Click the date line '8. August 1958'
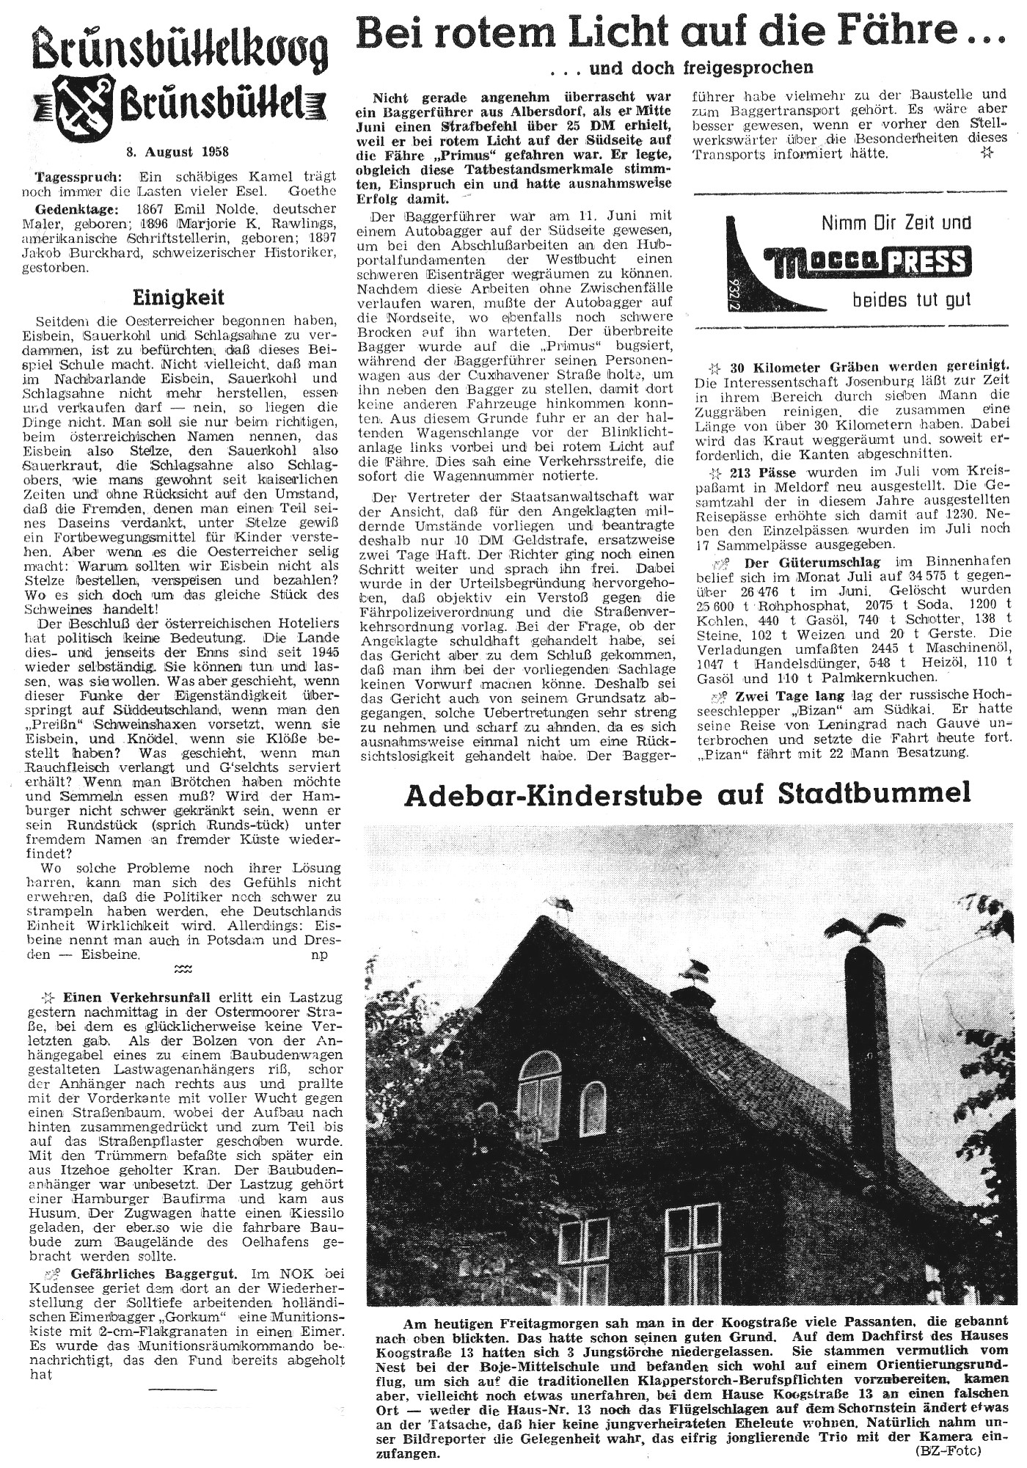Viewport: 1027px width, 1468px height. click(176, 152)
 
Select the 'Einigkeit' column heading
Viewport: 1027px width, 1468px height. click(178, 298)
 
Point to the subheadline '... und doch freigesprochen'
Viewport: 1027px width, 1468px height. click(685, 68)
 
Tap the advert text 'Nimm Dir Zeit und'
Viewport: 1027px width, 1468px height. click(896, 222)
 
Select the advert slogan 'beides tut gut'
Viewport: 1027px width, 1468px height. click(911, 300)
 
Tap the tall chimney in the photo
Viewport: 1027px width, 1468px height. click(869, 1064)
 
